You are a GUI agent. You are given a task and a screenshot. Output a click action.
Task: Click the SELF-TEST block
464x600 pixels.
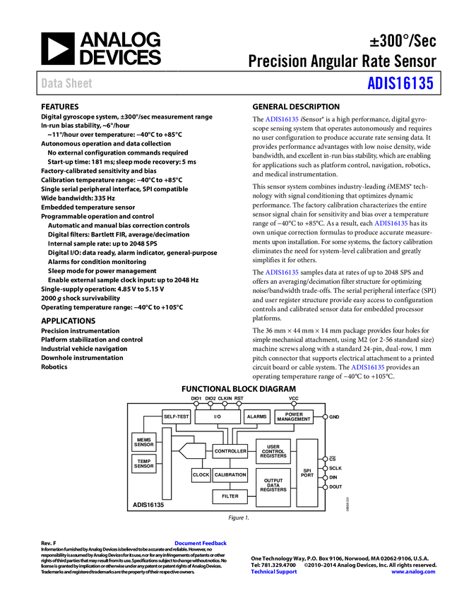click(x=177, y=416)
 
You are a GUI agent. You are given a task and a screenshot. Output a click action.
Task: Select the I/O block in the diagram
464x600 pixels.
click(x=218, y=416)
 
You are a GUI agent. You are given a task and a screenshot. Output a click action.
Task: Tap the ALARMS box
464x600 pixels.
click(x=257, y=416)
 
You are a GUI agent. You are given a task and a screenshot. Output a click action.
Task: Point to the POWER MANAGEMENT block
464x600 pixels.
click(x=294, y=416)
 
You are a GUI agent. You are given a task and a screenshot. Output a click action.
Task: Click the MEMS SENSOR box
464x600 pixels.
click(x=144, y=442)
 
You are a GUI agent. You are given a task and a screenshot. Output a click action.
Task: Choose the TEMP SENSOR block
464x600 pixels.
click(x=144, y=464)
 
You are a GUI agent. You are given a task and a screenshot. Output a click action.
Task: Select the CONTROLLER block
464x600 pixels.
click(x=230, y=451)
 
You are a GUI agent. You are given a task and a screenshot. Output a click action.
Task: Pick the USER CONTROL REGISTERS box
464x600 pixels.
click(x=273, y=452)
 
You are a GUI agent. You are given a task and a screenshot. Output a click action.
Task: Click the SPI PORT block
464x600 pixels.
click(x=307, y=472)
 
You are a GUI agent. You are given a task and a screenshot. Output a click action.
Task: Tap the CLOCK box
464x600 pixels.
click(x=201, y=475)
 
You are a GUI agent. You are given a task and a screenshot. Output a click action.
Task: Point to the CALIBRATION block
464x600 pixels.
click(x=230, y=475)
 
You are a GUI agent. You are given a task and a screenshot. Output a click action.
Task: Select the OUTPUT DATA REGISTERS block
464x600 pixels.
click(x=273, y=486)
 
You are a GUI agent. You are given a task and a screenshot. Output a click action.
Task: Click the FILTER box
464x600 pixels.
click(x=230, y=496)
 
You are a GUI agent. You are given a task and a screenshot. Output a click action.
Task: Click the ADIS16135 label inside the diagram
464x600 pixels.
click(x=148, y=505)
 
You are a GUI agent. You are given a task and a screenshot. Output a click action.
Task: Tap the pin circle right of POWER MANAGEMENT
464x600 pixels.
click(x=325, y=416)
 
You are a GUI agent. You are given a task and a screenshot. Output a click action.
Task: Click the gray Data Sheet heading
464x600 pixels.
click(x=67, y=83)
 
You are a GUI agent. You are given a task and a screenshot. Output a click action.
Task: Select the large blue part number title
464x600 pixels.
click(x=400, y=83)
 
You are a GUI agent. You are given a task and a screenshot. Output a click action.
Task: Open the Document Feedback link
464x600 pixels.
click(x=201, y=543)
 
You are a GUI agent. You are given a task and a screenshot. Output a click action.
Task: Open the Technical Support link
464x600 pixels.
click(x=274, y=572)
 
